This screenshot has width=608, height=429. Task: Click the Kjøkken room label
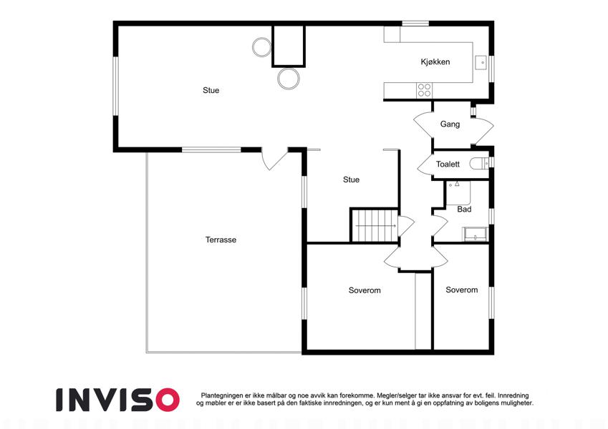pyautogui.click(x=435, y=62)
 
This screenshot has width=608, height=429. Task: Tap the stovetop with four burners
pyautogui.click(x=424, y=90)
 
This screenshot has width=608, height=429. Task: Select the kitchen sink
pyautogui.click(x=481, y=62)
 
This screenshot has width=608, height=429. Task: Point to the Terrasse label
pyautogui.click(x=221, y=240)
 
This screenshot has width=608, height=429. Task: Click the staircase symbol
pyautogui.click(x=375, y=225)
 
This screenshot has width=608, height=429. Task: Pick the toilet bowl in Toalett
pyautogui.click(x=479, y=164)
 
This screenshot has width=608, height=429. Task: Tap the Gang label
pyautogui.click(x=450, y=124)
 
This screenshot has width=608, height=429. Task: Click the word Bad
pyautogui.click(x=464, y=209)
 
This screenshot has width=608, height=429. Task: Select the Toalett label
pyautogui.click(x=448, y=164)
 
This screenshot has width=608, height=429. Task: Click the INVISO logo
pyautogui.click(x=118, y=400)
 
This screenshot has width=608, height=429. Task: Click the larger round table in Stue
pyautogui.click(x=289, y=79)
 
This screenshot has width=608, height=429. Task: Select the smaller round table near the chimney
pyautogui.click(x=261, y=47)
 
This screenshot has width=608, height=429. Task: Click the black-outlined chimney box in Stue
pyautogui.click(x=289, y=46)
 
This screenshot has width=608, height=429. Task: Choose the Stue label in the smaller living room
pyautogui.click(x=352, y=179)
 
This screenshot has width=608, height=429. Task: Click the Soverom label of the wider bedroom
pyautogui.click(x=365, y=290)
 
